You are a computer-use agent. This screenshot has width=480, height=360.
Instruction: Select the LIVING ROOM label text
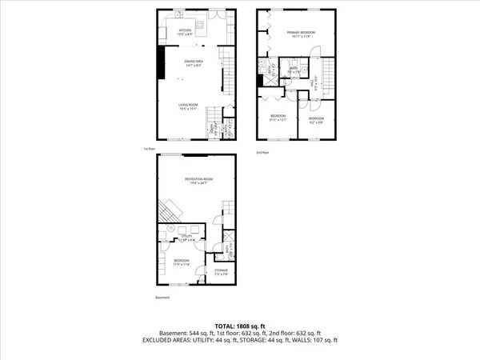[189, 106]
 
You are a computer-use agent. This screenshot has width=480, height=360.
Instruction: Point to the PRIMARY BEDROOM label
[301, 33]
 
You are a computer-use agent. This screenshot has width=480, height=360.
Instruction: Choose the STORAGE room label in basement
[221, 271]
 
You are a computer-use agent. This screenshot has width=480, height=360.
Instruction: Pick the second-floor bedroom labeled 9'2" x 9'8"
[316, 118]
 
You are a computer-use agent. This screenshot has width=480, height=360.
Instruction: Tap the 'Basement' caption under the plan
[162, 298]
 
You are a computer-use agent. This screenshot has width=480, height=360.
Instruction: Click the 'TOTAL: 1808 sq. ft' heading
[239, 326]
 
